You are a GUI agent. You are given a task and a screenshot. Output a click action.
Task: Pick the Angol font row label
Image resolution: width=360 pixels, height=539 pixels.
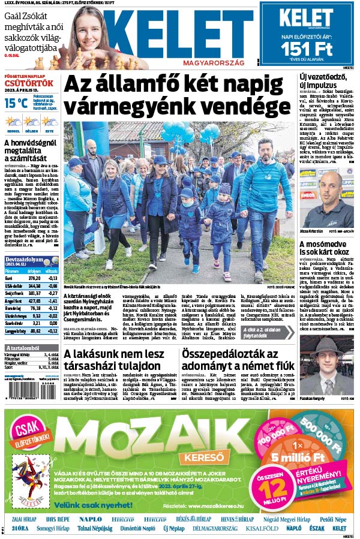click(x=13, y=301)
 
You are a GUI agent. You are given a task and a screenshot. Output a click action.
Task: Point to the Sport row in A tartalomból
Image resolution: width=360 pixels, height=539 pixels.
click(x=9, y=367)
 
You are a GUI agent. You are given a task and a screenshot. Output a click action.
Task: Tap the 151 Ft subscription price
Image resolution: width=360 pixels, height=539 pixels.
click(x=306, y=48)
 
